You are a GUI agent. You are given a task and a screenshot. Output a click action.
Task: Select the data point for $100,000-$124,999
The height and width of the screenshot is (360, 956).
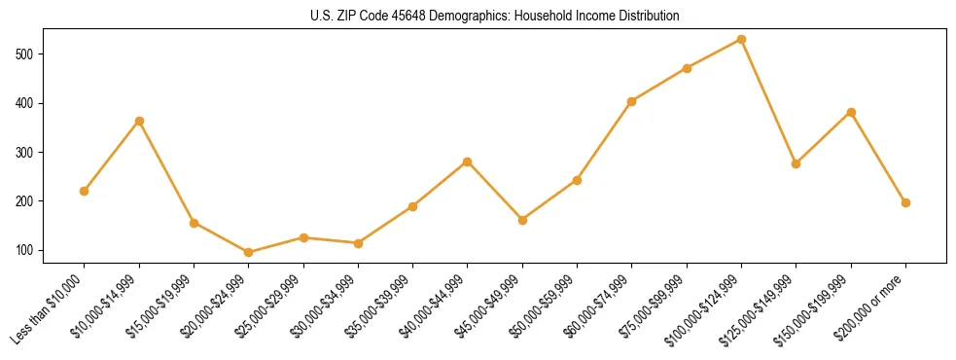pos(742,40)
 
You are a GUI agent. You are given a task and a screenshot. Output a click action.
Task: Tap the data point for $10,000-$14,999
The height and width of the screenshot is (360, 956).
pos(139,121)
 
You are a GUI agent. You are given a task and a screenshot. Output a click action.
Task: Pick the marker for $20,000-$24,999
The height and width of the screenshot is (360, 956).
pos(249,252)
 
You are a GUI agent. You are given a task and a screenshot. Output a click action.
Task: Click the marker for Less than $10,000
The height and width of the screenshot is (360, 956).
pos(85,191)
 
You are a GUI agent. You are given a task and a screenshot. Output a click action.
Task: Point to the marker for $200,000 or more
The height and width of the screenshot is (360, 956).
pos(906,202)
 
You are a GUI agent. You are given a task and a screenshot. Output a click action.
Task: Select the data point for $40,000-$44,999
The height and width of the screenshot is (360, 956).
pos(468,162)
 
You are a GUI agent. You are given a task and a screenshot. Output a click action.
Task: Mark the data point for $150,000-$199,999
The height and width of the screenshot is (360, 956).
pos(851,113)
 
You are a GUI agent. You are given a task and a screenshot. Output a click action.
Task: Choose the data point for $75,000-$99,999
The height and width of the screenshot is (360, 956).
pos(688,68)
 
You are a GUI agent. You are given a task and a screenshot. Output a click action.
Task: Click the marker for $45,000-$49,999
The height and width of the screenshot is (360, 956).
pos(523,220)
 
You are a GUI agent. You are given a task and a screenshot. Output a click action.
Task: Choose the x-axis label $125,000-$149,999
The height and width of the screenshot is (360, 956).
pos(764,308)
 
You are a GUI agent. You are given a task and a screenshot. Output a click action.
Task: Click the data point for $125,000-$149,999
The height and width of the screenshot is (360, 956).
pos(797,163)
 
